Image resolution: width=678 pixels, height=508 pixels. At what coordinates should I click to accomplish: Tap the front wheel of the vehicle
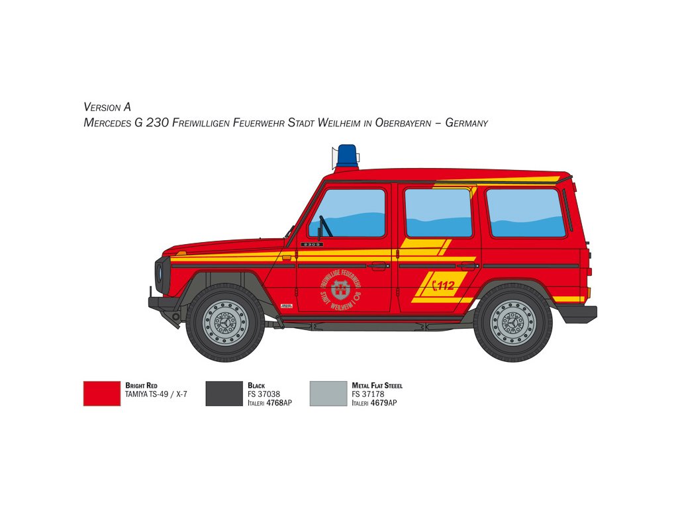tap(225, 323)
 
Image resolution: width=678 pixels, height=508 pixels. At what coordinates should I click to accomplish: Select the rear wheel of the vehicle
tap(512, 323)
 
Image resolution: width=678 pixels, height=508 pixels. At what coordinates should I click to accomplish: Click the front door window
tap(348, 213)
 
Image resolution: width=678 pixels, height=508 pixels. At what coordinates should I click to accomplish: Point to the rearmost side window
tap(526, 213)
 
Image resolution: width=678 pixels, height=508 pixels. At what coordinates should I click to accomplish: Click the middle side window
tap(438, 213)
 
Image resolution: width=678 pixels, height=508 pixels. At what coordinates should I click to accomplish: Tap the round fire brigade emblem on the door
tap(340, 290)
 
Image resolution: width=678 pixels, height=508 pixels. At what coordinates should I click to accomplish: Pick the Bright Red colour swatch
tap(102, 393)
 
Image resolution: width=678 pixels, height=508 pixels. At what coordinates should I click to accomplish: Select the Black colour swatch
tap(224, 393)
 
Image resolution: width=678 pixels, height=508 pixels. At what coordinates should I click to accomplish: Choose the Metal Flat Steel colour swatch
tap(328, 393)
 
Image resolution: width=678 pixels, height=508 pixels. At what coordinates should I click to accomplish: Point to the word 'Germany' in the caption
tap(466, 123)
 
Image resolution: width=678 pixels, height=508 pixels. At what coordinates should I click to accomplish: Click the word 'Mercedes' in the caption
tap(108, 123)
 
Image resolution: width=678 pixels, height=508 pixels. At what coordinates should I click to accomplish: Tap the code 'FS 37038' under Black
tap(264, 394)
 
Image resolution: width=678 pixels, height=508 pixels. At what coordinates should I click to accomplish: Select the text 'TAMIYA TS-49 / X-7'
tap(156, 394)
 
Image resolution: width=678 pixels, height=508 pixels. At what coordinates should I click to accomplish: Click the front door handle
tap(378, 266)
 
